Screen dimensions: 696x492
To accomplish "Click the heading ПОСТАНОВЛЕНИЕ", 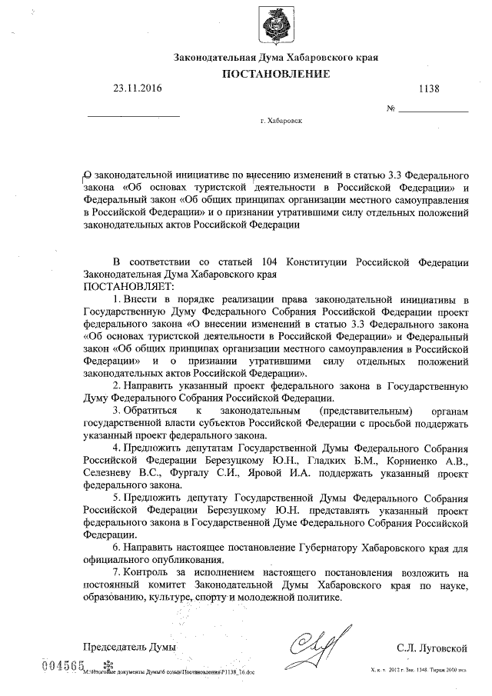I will [276, 74].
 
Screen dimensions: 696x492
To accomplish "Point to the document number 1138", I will [429, 89].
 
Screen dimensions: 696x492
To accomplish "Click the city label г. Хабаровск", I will [281, 121].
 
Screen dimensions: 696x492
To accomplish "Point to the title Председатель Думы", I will [129, 648].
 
